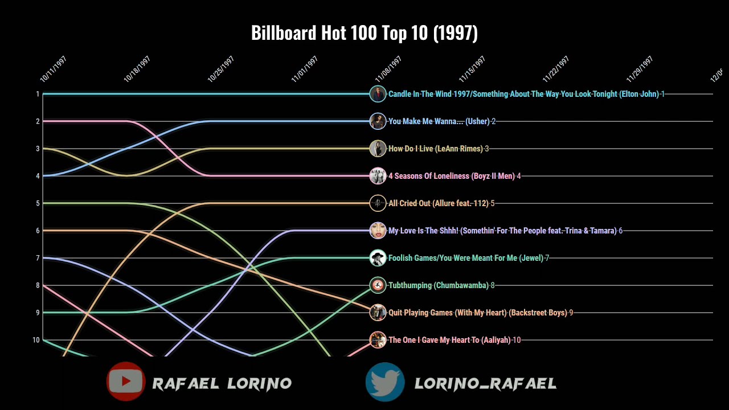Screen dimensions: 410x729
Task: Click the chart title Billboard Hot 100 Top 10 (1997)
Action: click(x=364, y=33)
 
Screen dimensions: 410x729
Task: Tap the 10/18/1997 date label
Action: click(x=137, y=69)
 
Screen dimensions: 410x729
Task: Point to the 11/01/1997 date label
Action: click(x=305, y=69)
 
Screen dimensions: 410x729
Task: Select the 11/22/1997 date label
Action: click(x=556, y=69)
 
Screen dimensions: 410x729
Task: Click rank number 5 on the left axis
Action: click(x=38, y=203)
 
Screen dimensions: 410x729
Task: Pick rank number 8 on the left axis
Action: click(x=38, y=285)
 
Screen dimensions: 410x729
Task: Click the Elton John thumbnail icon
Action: click(x=378, y=94)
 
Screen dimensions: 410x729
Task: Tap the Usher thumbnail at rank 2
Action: click(x=378, y=121)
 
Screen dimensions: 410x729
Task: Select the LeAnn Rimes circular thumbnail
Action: click(x=378, y=149)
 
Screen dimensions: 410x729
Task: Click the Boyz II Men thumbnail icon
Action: click(x=378, y=176)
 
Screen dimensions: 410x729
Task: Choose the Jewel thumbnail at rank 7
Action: click(x=378, y=258)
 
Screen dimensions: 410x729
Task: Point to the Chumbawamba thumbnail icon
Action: click(x=378, y=285)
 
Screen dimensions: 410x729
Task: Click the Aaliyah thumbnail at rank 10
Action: click(x=378, y=340)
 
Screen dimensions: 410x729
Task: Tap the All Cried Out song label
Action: click(x=439, y=203)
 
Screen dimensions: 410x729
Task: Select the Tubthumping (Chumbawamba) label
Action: click(x=439, y=285)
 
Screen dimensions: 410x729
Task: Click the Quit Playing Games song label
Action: click(x=478, y=313)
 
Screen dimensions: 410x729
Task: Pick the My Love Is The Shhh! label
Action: click(x=502, y=231)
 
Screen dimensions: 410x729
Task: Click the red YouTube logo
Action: click(x=126, y=382)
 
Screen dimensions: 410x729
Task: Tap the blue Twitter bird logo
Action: click(x=385, y=382)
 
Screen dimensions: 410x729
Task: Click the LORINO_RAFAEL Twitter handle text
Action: click(x=485, y=384)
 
